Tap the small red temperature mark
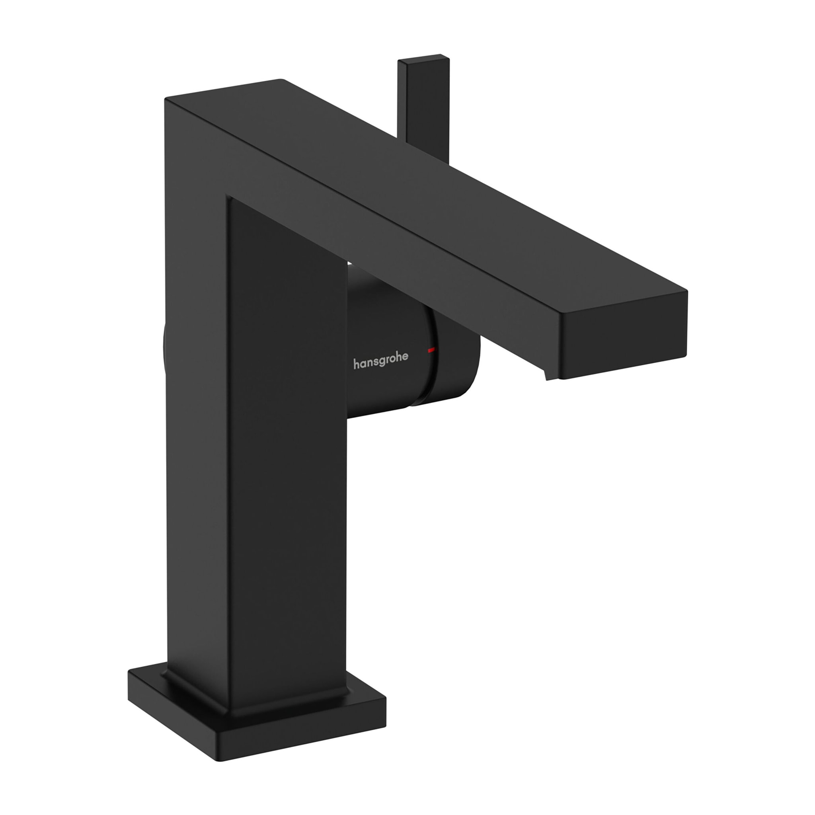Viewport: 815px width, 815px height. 430,350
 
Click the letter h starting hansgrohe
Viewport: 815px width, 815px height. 356,364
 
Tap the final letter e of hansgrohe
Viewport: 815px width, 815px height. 405,357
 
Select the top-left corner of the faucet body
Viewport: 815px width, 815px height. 166,99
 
